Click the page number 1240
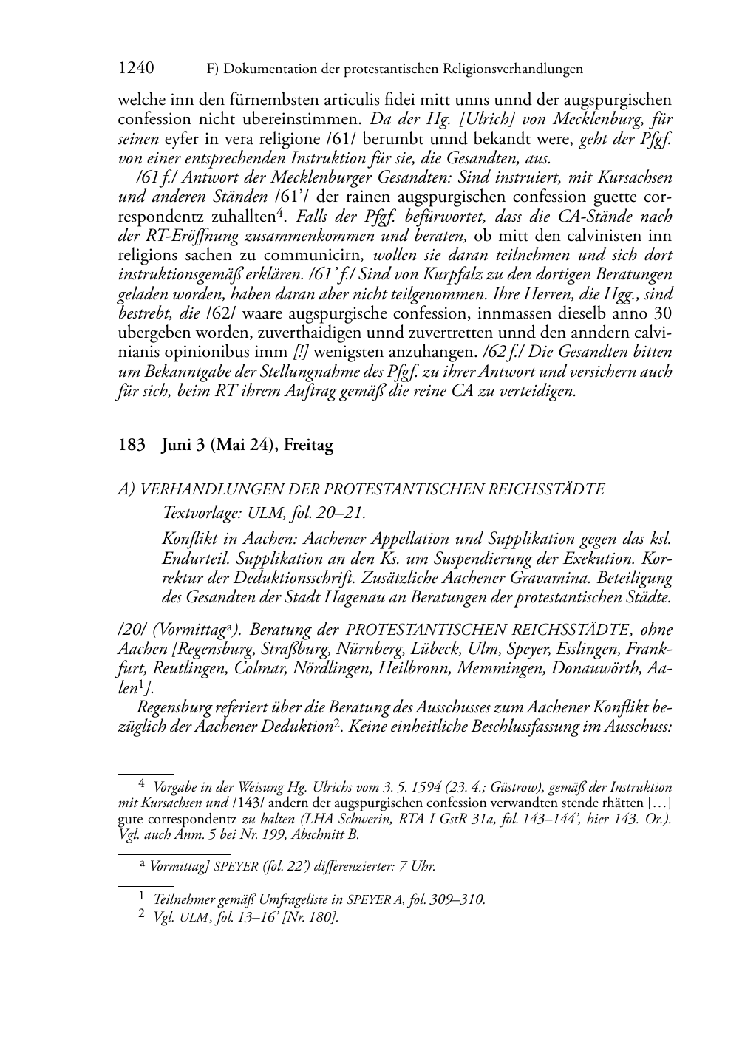(136, 69)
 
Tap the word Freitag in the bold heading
(309, 446)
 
